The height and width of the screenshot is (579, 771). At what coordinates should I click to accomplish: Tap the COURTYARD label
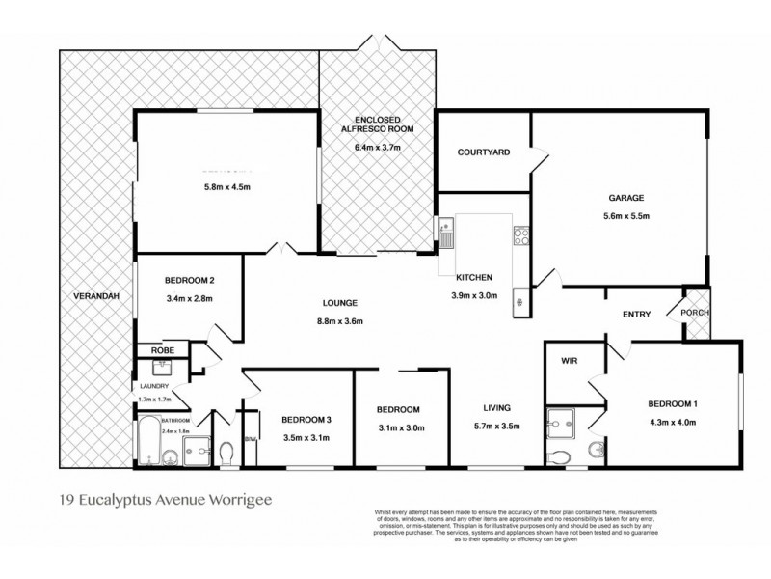coord(483,152)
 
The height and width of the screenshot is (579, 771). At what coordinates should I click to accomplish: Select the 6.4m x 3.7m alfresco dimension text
coord(377,148)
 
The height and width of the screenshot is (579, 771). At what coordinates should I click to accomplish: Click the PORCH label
coord(695,313)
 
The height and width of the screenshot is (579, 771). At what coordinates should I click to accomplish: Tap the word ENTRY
coord(636,314)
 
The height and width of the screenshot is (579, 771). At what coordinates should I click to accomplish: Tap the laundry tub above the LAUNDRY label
coord(161,368)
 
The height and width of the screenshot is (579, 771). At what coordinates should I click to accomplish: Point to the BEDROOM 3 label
coord(306,420)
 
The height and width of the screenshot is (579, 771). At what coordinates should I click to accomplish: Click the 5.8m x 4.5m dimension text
coord(226,187)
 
